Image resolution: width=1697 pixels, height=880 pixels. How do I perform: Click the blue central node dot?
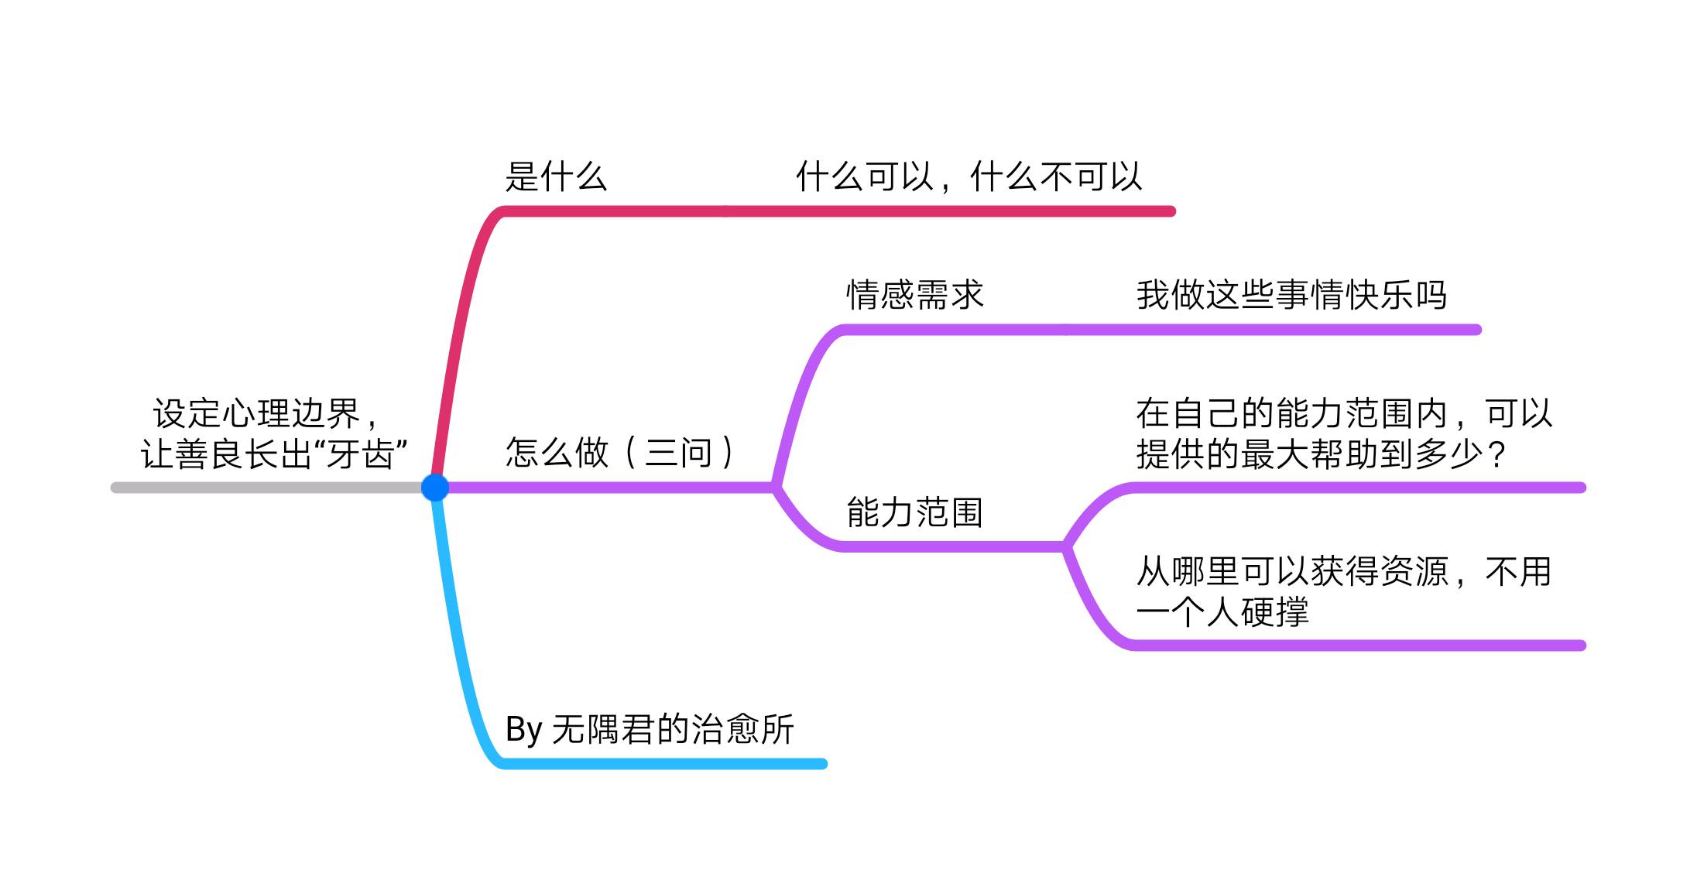[435, 487]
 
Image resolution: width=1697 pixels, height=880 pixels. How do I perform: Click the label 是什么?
[555, 176]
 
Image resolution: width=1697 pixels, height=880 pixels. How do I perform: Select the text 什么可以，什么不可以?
[968, 176]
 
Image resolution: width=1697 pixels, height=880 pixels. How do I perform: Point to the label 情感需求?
[914, 295]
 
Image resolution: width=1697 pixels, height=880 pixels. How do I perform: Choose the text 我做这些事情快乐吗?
[1291, 295]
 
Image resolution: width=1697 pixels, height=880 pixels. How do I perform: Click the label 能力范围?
[914, 512]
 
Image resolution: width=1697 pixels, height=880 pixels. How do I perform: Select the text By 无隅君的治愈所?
[650, 729]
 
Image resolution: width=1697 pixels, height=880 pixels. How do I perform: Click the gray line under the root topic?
[263, 488]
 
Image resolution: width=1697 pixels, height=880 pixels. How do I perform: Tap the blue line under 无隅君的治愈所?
[666, 764]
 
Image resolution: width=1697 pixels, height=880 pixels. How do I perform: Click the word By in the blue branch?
[523, 729]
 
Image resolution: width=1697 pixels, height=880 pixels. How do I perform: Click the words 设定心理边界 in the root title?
[256, 413]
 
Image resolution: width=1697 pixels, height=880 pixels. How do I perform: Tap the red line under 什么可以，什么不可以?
[968, 211]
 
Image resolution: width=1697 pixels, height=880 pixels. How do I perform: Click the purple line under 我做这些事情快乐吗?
[1285, 330]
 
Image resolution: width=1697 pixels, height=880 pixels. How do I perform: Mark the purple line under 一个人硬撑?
[1355, 645]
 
